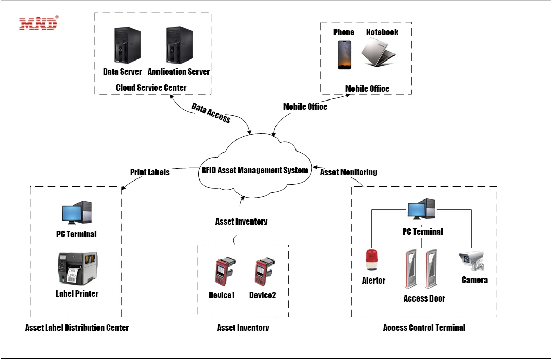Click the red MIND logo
[x=39, y=23]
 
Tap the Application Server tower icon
[x=179, y=46]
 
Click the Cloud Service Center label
[x=151, y=87]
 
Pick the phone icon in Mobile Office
[x=344, y=54]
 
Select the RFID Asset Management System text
[x=254, y=170]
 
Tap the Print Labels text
[x=150, y=172]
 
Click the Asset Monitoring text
[x=348, y=172]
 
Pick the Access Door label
[x=424, y=298]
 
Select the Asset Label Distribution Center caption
[x=77, y=327]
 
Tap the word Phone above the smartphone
[x=344, y=32]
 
